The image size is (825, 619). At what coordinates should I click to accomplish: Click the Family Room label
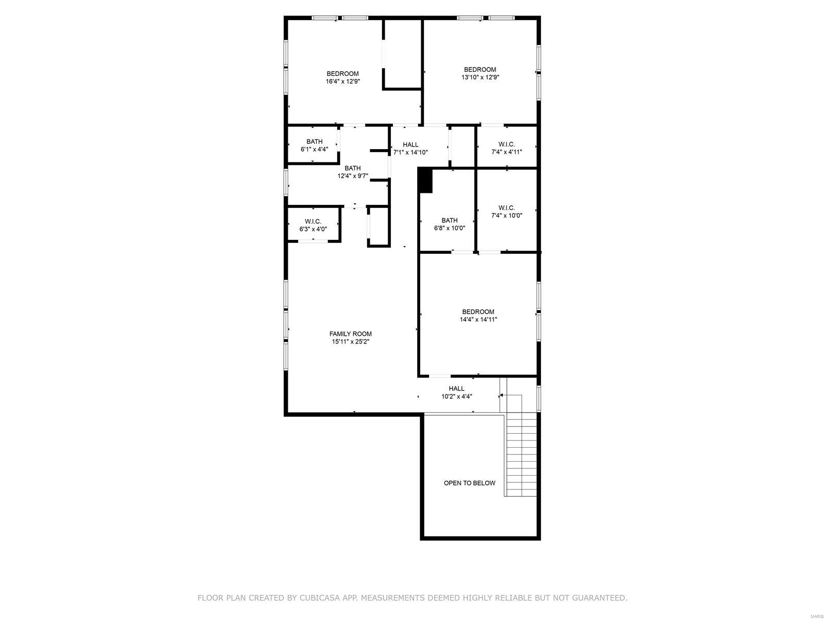point(351,334)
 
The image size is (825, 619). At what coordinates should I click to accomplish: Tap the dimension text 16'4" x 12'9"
point(342,81)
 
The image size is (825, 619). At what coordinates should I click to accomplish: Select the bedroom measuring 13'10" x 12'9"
point(480,73)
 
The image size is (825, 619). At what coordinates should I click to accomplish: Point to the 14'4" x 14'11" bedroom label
point(478,315)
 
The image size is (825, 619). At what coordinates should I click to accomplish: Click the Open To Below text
point(469,483)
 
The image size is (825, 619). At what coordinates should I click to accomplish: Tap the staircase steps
point(521,454)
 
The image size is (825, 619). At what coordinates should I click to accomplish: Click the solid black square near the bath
point(425,181)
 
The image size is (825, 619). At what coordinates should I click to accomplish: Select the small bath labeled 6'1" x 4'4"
point(314,145)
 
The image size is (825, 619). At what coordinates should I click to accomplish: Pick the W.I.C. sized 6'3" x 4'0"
point(313,225)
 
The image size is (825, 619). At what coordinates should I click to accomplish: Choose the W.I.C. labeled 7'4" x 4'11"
point(506,148)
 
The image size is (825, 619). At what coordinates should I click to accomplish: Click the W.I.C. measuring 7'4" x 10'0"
point(506,211)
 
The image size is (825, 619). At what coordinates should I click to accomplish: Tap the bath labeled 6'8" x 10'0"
point(449,224)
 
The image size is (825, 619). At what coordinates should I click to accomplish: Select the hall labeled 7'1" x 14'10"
point(410,148)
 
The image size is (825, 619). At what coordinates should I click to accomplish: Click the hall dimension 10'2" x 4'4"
point(456,396)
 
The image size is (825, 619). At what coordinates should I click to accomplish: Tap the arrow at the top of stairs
point(501,396)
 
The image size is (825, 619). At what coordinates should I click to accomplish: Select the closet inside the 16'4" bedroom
point(403,55)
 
